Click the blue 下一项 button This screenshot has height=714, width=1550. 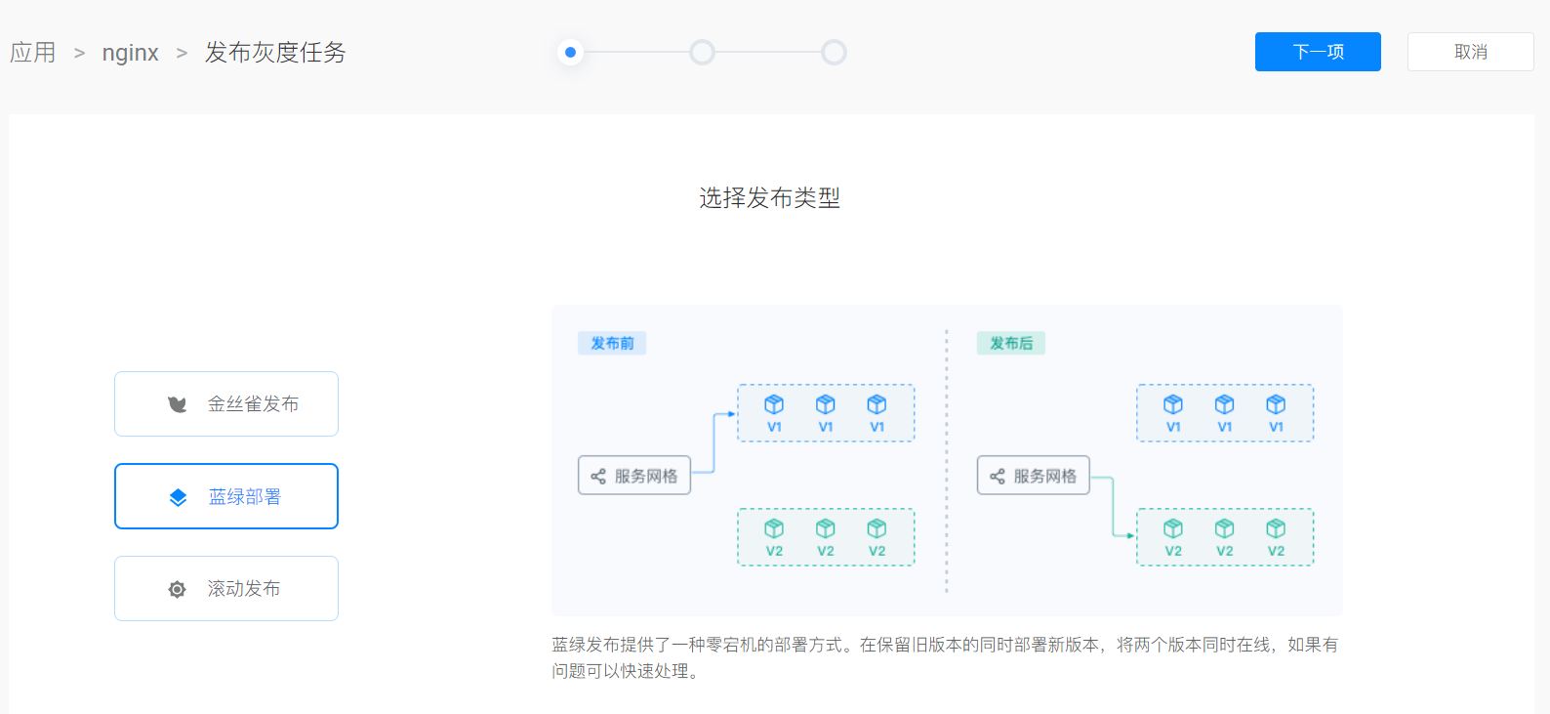(x=1318, y=52)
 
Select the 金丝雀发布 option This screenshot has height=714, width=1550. (x=226, y=403)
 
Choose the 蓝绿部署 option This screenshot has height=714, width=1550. (x=226, y=496)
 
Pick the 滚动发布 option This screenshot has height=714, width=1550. (x=226, y=588)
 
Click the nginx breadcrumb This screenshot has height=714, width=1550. (x=130, y=53)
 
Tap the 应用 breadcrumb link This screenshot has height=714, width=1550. (x=32, y=53)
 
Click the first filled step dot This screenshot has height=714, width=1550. (x=570, y=52)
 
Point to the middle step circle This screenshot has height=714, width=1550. (x=702, y=52)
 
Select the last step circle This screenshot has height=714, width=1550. (x=834, y=52)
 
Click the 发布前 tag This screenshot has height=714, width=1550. (x=612, y=343)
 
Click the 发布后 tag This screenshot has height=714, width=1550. (x=1011, y=343)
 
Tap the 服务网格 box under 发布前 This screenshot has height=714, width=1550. (x=634, y=476)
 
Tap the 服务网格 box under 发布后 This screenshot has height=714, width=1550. (x=1034, y=476)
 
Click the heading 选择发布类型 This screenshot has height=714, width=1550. (x=769, y=198)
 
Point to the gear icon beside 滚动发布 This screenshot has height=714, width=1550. (x=177, y=589)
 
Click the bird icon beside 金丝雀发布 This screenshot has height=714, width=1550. (x=177, y=404)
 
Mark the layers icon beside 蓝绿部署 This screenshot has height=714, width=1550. (x=178, y=497)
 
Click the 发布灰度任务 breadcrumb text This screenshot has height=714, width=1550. (x=275, y=53)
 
